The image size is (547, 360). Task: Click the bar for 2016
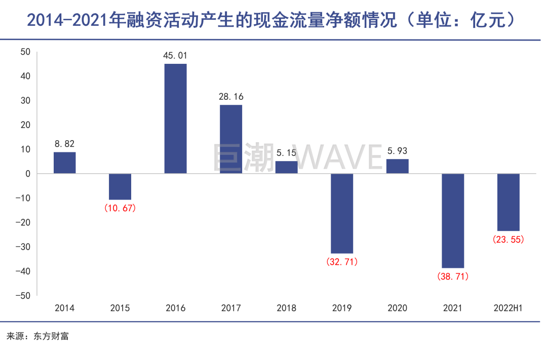click(x=175, y=118)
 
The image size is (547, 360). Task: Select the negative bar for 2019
click(x=342, y=213)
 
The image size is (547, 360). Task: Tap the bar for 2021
click(x=453, y=220)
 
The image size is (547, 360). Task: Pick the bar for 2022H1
click(x=508, y=202)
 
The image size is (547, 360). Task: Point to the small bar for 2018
click(x=286, y=167)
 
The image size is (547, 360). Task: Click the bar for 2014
click(x=64, y=163)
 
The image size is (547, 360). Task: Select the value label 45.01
click(x=175, y=56)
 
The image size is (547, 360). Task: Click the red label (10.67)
click(x=120, y=208)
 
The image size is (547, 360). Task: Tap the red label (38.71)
click(x=453, y=276)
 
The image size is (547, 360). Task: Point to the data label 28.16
click(x=231, y=97)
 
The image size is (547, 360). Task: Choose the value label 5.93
click(x=397, y=150)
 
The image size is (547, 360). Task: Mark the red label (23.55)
click(x=508, y=239)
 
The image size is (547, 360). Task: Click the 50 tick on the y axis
click(x=26, y=52)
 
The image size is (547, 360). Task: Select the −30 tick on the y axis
click(x=23, y=247)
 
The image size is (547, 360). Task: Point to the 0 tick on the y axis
click(x=28, y=174)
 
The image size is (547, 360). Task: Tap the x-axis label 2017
click(x=231, y=308)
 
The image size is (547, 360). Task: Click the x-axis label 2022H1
click(x=508, y=308)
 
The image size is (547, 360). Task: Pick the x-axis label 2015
click(x=120, y=308)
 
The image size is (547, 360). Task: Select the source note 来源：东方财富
click(x=38, y=336)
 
